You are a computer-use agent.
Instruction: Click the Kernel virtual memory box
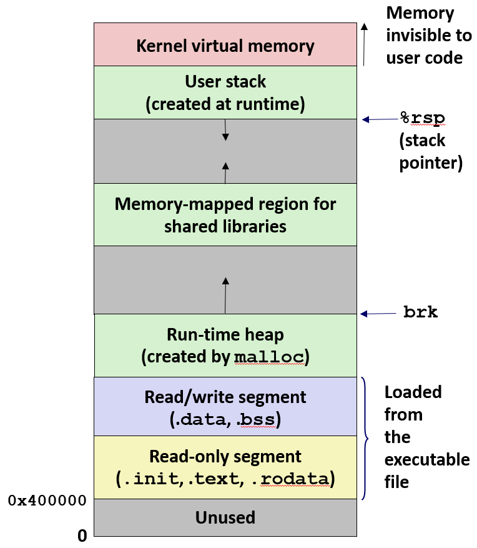tap(225, 45)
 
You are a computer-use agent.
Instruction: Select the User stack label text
tap(225, 82)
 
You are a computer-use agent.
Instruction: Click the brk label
tap(420, 312)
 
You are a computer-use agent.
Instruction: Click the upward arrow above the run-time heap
tap(225, 294)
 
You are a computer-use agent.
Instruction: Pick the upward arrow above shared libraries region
tap(225, 172)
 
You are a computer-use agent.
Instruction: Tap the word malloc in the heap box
tap(270, 357)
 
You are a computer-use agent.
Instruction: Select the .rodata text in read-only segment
tap(294, 479)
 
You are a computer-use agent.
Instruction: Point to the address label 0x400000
tap(47, 501)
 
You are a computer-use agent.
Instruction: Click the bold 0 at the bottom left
tap(82, 536)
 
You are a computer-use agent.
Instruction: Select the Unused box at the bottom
tap(225, 517)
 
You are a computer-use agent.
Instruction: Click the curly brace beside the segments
tap(366, 437)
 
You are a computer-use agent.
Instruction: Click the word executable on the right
tap(426, 459)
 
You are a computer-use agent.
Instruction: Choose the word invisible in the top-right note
tap(428, 36)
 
